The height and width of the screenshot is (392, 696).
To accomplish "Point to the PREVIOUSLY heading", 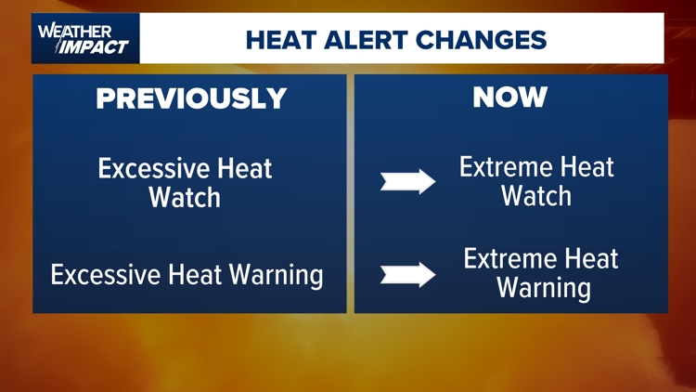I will point(191,98).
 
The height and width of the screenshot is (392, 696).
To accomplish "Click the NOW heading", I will point(509,97).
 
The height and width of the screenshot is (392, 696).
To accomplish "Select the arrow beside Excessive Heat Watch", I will point(407,181).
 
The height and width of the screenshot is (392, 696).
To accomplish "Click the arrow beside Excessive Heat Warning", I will point(407,274).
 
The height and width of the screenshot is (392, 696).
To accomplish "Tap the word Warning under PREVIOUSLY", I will point(275,276).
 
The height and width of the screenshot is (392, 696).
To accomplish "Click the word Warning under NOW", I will point(543,288).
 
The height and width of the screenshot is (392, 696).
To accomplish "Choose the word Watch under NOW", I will point(535,196).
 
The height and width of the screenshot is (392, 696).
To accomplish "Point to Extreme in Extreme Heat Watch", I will point(507,168).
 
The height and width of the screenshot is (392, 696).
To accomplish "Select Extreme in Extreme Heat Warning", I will point(510,259).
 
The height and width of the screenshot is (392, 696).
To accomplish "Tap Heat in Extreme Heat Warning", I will point(591,259).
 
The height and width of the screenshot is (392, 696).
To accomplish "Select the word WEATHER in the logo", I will point(67,30).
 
